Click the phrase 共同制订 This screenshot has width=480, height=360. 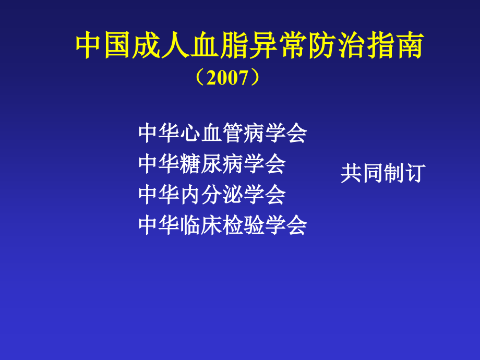coord(383,174)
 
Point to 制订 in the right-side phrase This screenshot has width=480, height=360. coord(404,174)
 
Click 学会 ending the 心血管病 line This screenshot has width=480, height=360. coord(286,134)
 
